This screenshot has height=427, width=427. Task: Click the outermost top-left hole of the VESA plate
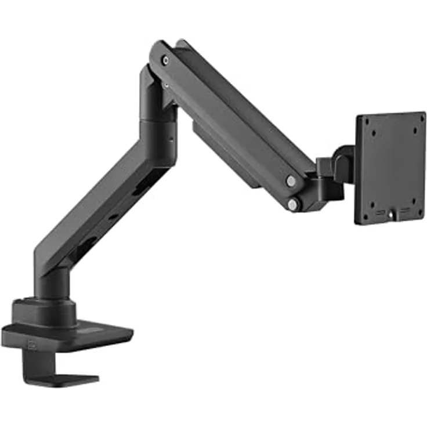coord(363,121)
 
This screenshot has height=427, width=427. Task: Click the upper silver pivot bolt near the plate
coord(291,181)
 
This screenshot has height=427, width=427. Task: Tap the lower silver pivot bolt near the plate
coord(293,204)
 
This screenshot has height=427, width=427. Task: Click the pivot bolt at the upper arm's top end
coord(165,60)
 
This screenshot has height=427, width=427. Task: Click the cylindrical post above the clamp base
coord(55,284)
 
